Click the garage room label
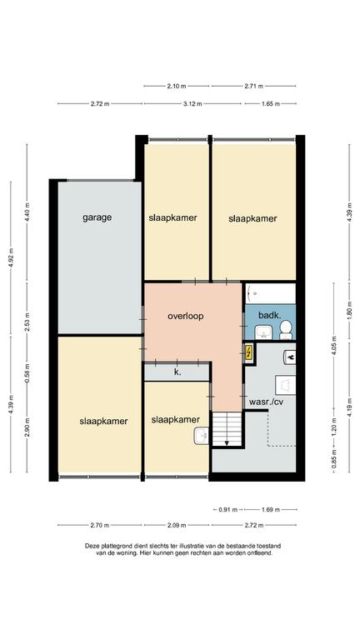click(97, 217)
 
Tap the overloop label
click(185, 316)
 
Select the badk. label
click(270, 315)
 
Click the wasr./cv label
click(266, 402)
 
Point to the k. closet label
click(177, 372)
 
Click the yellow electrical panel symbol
click(248, 352)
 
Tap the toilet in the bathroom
click(286, 330)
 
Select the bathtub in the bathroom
click(271, 293)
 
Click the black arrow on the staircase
click(226, 442)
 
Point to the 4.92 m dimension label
click(11, 257)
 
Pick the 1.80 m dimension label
click(350, 310)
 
